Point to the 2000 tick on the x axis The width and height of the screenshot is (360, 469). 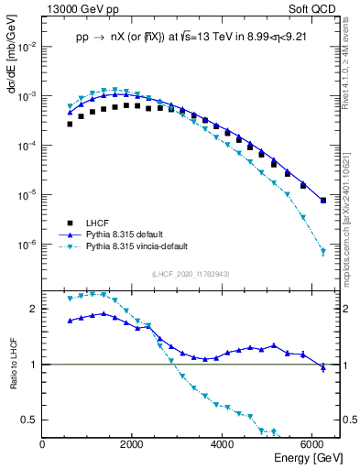click(133, 445)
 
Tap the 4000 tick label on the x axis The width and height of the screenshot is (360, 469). click(223, 445)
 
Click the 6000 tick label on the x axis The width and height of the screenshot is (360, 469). click(312, 445)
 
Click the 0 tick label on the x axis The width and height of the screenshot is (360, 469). click(43, 445)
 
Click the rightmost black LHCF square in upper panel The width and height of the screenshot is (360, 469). click(322, 200)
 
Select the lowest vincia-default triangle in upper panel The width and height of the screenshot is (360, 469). click(322, 251)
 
